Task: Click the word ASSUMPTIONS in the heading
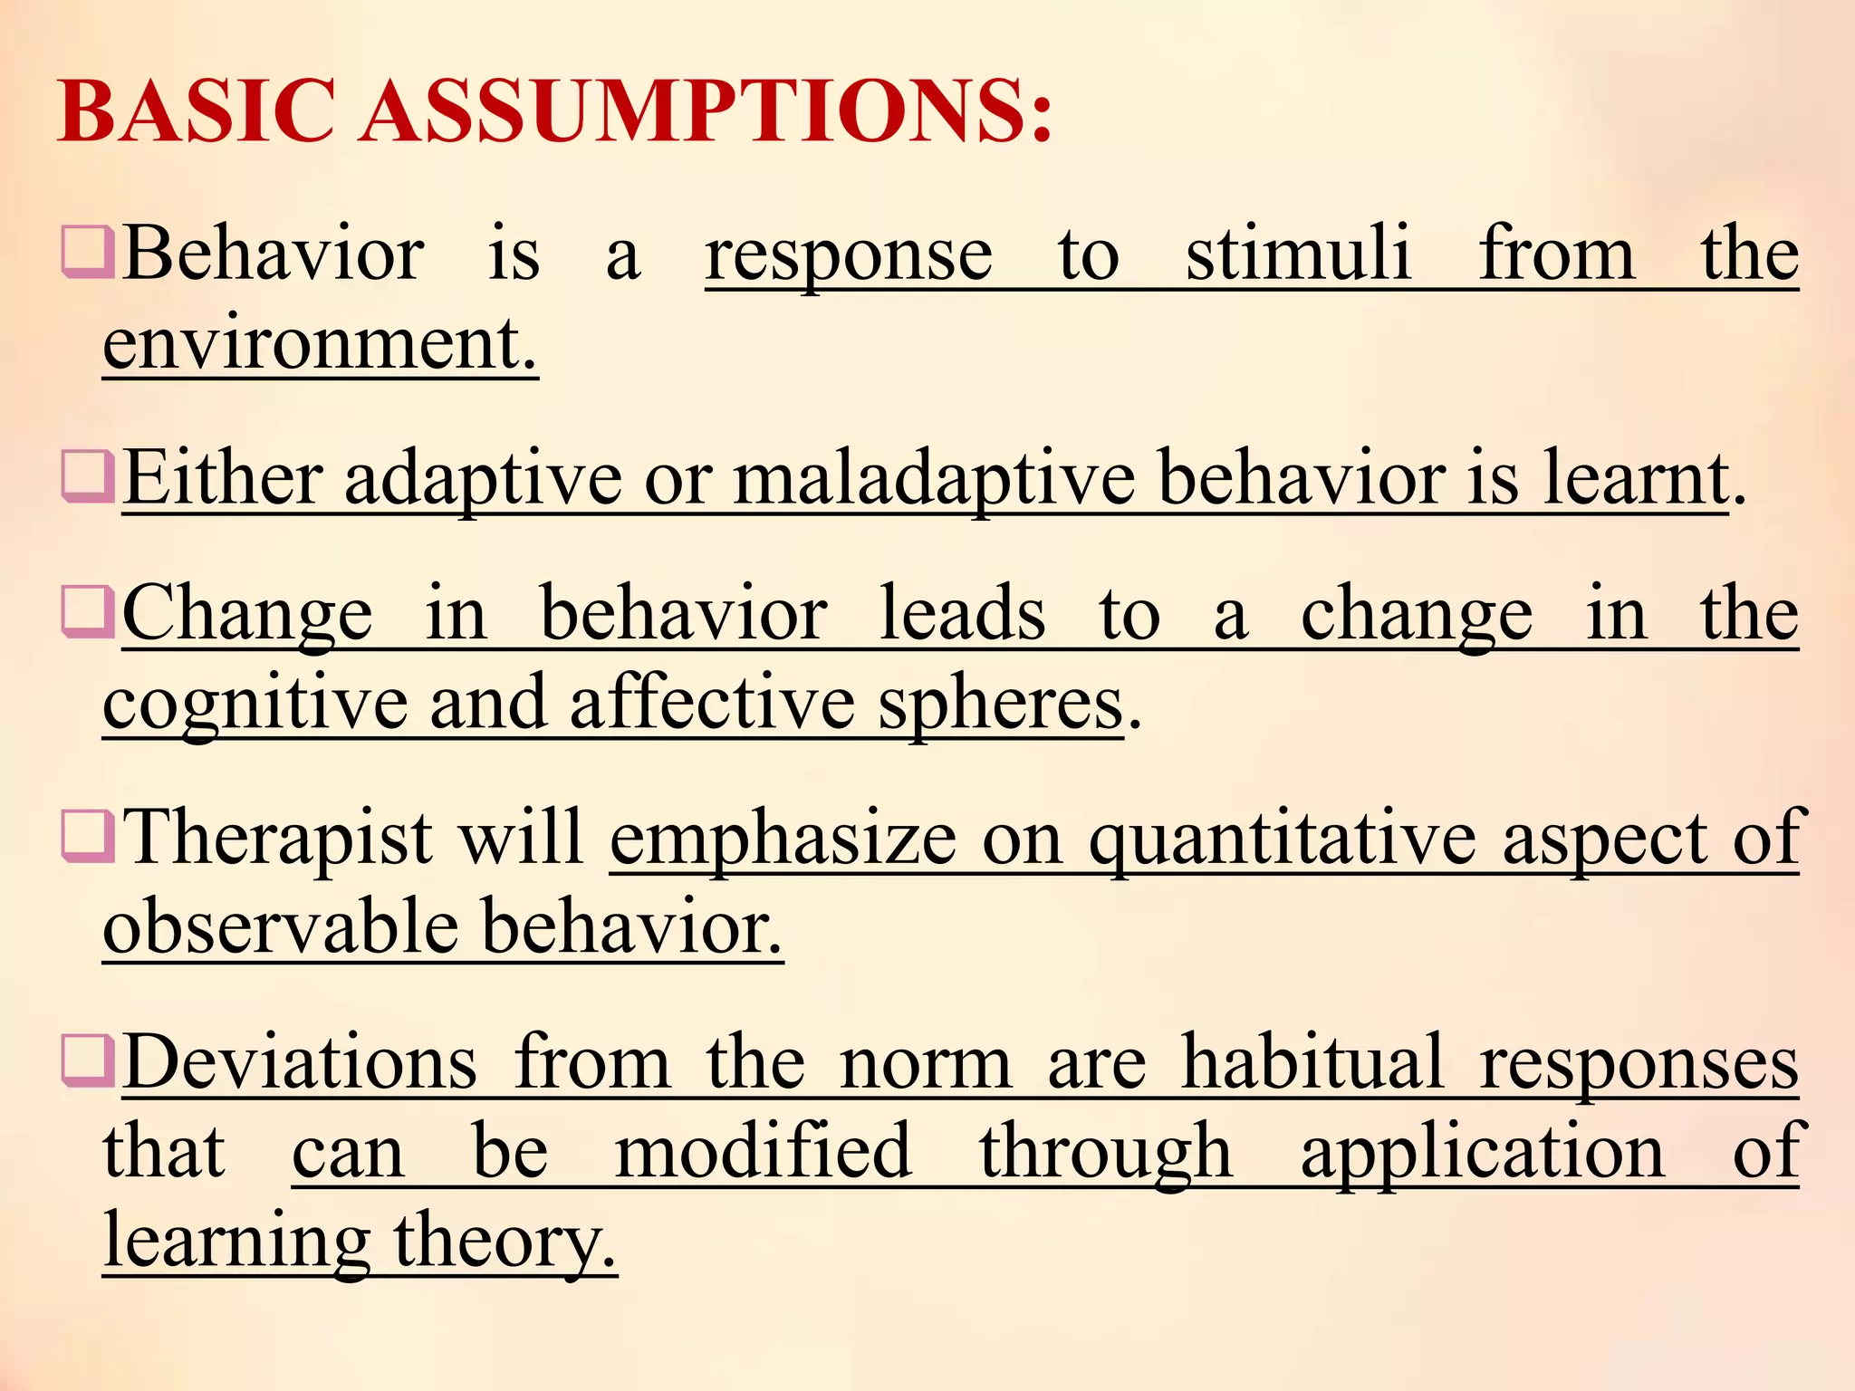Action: [x=707, y=111]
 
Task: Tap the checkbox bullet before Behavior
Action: [x=87, y=254]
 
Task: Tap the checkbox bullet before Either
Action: [x=87, y=477]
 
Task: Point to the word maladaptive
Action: [x=934, y=480]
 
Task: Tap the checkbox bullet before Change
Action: [x=87, y=613]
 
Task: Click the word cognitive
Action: [x=255, y=705]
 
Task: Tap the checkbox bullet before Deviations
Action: [x=87, y=1061]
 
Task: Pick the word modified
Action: [x=762, y=1151]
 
